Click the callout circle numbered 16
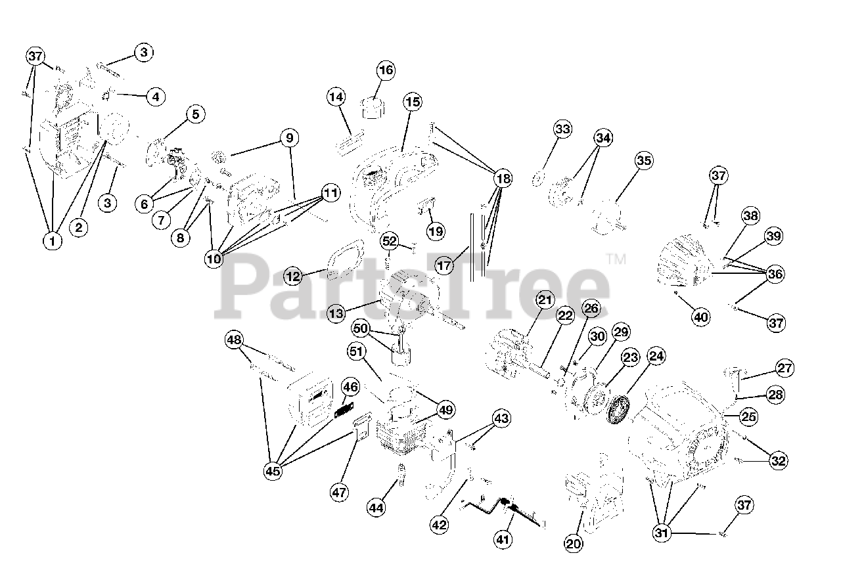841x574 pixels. [386, 70]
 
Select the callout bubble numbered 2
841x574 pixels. [79, 228]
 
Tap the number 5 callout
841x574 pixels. [195, 114]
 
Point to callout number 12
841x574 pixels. [293, 276]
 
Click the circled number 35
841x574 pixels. [644, 160]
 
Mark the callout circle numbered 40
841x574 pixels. [701, 317]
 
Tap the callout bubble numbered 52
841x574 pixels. [390, 241]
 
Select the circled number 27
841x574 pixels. [784, 368]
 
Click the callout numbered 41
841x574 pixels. [503, 540]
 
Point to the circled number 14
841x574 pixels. [336, 97]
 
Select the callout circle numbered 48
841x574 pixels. [234, 340]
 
